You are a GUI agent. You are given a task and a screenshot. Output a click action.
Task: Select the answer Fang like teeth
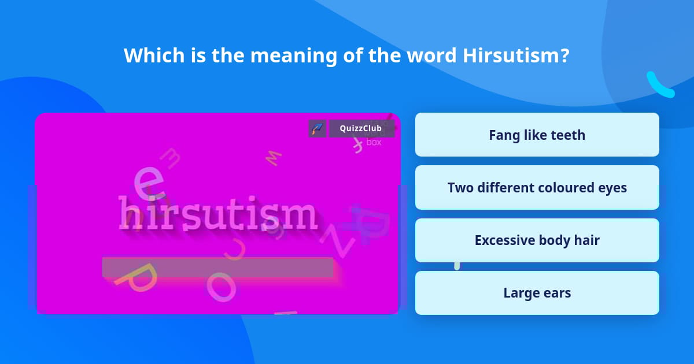point(537,135)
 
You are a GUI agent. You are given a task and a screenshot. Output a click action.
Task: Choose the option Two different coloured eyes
point(537,188)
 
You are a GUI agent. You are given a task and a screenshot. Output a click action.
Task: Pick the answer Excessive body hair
point(537,240)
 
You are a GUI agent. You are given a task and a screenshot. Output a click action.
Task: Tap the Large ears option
point(537,293)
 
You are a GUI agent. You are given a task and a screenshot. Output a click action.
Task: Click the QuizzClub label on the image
point(361,128)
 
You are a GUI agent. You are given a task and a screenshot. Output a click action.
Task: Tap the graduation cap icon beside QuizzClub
point(317,128)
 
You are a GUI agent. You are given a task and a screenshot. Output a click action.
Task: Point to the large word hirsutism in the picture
point(218,214)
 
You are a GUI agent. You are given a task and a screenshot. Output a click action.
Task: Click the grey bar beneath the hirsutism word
point(217,266)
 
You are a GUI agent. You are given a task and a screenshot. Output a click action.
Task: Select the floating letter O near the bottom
point(222,286)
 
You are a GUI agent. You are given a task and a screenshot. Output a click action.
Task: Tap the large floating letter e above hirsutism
point(146,180)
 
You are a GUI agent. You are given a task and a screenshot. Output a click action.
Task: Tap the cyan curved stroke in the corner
point(659,85)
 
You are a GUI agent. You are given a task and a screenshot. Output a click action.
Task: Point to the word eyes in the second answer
point(612,188)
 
